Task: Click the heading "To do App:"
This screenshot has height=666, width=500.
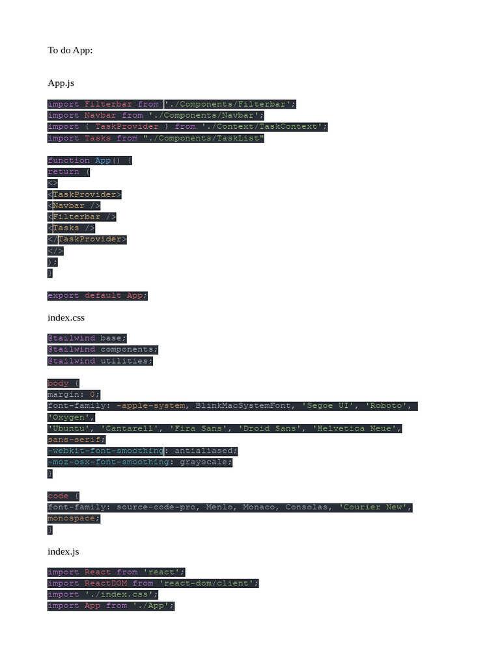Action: (x=70, y=50)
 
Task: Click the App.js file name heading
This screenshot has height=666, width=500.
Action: (x=61, y=83)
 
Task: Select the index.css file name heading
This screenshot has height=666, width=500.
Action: (x=66, y=317)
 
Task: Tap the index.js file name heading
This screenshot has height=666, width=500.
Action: (x=63, y=552)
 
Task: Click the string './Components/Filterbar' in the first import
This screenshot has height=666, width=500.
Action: (x=230, y=104)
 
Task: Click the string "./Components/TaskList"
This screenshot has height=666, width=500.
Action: (x=204, y=138)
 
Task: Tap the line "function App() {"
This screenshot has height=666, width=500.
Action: (x=90, y=161)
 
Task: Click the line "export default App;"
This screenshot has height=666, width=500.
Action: (x=98, y=295)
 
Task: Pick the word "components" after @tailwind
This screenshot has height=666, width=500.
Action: (x=127, y=349)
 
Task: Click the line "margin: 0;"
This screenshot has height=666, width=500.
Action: (x=74, y=395)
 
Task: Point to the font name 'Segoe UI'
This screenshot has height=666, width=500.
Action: (x=328, y=406)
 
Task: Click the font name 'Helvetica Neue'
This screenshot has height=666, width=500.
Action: (x=357, y=429)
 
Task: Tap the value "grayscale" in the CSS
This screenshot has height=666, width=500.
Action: (x=204, y=462)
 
